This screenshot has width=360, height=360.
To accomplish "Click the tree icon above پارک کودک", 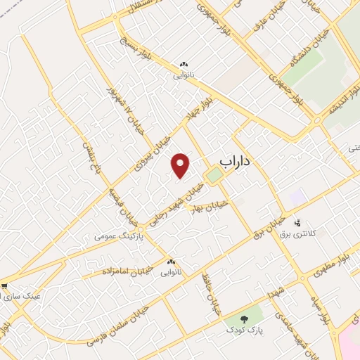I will (245, 319).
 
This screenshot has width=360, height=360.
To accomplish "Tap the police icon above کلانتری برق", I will (297, 222).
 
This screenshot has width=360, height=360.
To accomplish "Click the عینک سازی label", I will (22, 296).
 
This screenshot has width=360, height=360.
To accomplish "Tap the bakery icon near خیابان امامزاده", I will (171, 262).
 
